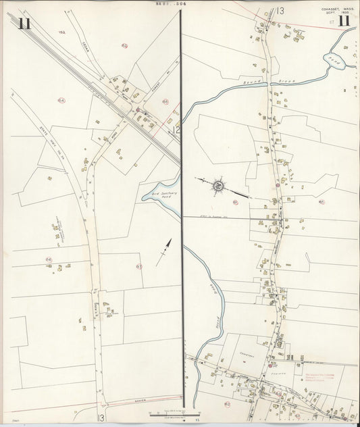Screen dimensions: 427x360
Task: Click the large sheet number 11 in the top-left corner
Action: click(x=24, y=24)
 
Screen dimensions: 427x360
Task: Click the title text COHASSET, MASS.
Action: click(x=336, y=8)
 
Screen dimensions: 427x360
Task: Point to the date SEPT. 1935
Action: click(x=335, y=13)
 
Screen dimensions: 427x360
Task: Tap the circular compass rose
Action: click(x=218, y=185)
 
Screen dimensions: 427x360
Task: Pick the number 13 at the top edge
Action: click(x=280, y=10)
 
